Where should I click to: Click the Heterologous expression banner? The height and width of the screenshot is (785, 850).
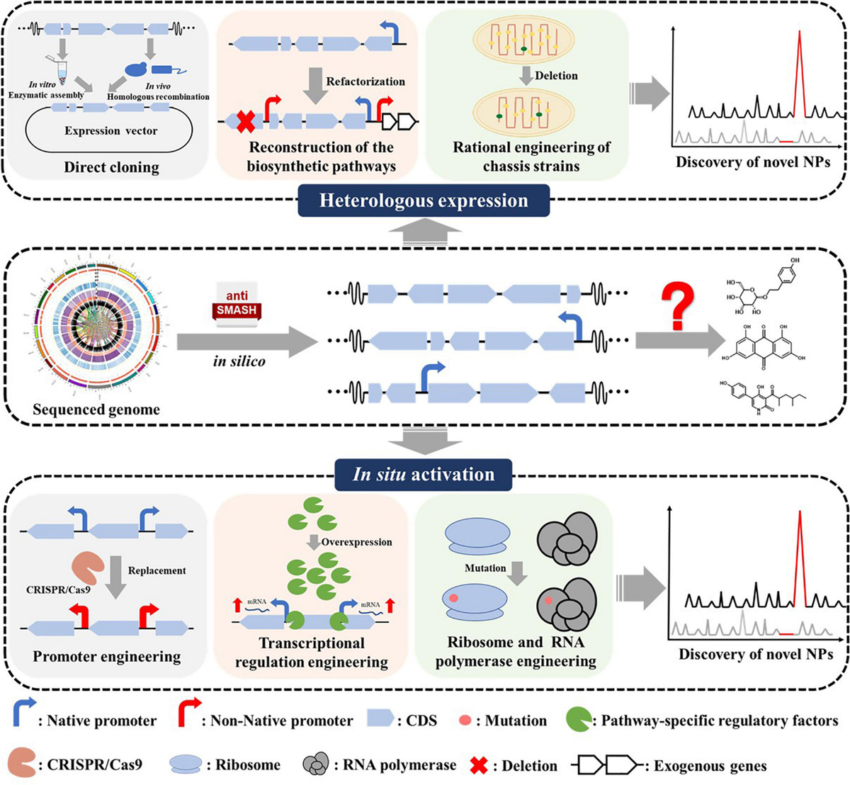pos(424,201)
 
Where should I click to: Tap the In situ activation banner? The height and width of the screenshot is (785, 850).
pos(424,474)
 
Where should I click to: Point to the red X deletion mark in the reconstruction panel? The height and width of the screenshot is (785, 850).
pos(245,122)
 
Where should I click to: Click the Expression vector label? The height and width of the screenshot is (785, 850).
pos(111,131)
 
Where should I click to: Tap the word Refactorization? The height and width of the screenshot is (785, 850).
pos(365,81)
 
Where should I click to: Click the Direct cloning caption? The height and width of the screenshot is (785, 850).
pos(111,168)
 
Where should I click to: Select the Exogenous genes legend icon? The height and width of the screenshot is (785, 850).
pos(606,764)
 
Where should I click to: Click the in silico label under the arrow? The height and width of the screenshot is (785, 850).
pos(239,361)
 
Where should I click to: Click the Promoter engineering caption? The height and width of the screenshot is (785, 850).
pos(106,657)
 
